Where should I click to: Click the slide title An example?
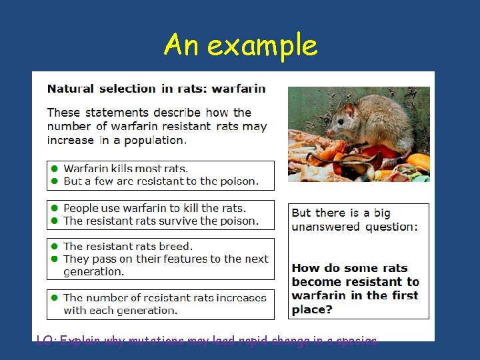coord(241,45)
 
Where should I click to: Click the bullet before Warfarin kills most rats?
coord(55,169)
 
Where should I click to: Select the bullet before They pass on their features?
coord(55,259)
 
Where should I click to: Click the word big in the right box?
coord(382,213)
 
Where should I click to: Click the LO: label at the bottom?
coord(45,341)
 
